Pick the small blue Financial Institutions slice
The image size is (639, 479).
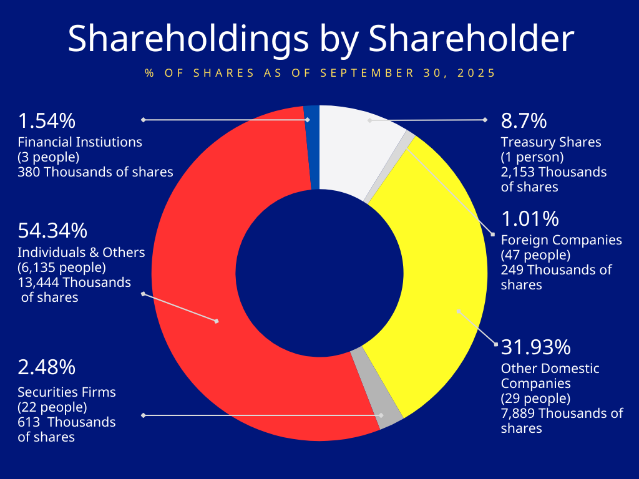pos(313,147)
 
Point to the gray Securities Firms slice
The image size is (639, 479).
pos(374,388)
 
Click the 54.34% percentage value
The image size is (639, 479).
pos(52,231)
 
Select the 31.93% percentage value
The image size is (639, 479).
pos(536,346)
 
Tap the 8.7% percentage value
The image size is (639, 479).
pos(524,120)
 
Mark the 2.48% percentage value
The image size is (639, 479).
pos(47,367)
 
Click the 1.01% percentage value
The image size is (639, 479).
pos(530,219)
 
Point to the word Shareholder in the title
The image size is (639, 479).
pos(471,39)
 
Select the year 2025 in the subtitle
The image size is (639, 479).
pos(477,73)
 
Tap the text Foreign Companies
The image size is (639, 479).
pos(562,239)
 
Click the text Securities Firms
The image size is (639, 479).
pos(67,392)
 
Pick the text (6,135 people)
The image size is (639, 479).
pos(62,268)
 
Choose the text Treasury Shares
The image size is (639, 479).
pos(551,142)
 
